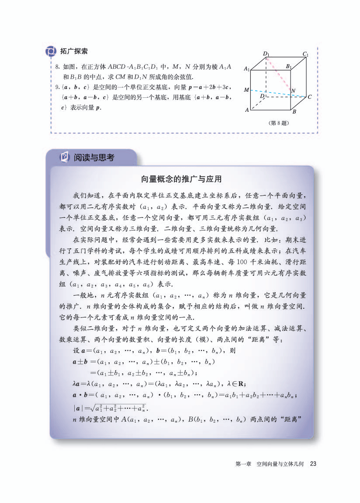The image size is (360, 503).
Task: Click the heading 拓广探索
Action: tap(74, 51)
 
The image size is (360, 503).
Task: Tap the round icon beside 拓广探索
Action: tap(51, 52)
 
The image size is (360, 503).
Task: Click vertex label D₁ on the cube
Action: tap(266, 54)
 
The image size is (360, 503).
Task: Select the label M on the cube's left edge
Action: tap(247, 90)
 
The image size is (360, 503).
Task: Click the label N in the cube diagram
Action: tap(293, 91)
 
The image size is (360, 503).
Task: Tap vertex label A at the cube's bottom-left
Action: tap(247, 110)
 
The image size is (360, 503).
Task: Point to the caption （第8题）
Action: tap(279, 123)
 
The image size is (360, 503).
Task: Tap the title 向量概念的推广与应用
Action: tap(182, 179)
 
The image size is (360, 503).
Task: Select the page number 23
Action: tap(312, 464)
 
